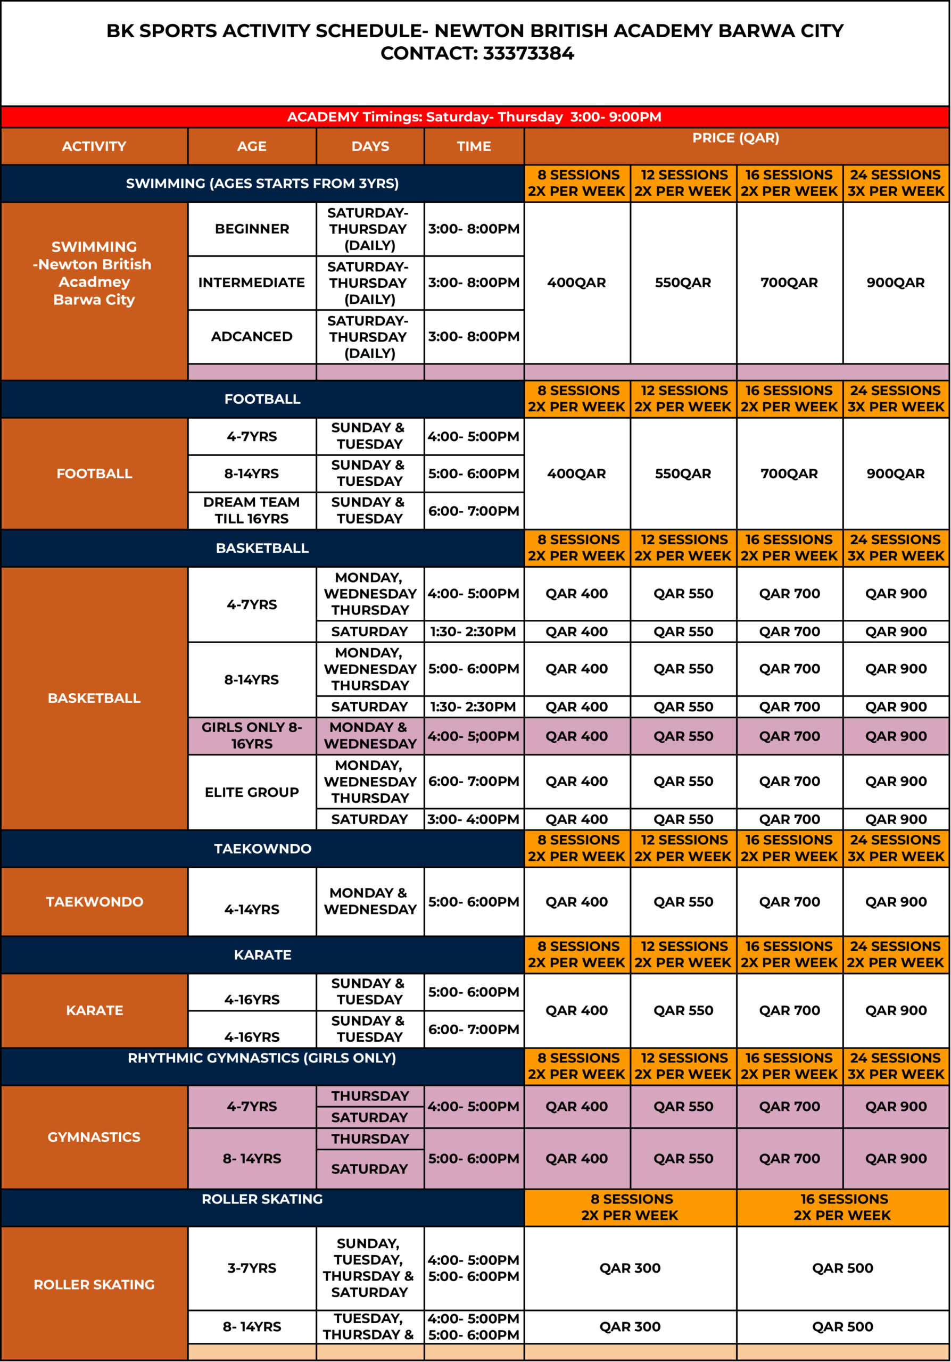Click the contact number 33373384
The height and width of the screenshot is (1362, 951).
coord(528,53)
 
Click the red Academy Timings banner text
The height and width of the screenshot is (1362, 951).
coord(474,117)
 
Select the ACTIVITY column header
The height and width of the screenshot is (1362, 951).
coord(94,146)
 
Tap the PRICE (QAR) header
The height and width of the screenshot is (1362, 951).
coord(735,138)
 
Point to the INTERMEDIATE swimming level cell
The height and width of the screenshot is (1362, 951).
coord(252,283)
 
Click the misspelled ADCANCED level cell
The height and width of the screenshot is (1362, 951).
coord(252,336)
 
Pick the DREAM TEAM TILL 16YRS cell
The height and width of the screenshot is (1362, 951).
coord(252,510)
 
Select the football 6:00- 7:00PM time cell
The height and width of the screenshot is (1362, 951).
coord(474,511)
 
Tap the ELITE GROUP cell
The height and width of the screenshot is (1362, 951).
coord(252,792)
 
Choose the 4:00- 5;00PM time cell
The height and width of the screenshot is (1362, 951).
coord(474,736)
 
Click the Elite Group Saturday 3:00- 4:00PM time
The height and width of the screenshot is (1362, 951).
coord(474,819)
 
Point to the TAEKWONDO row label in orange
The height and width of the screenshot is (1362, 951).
coord(94,902)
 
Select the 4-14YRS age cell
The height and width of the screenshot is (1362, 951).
coord(252,909)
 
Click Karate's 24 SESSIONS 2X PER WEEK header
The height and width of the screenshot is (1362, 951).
coord(895,954)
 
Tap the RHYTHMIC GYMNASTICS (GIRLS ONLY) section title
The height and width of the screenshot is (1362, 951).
coord(262,1058)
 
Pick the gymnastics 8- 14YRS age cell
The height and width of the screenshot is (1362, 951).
coord(252,1158)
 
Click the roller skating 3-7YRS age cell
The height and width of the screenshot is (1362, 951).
coord(252,1268)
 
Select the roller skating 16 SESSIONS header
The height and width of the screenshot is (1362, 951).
coord(842,1207)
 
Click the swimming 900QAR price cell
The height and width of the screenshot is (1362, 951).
coord(895,283)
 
